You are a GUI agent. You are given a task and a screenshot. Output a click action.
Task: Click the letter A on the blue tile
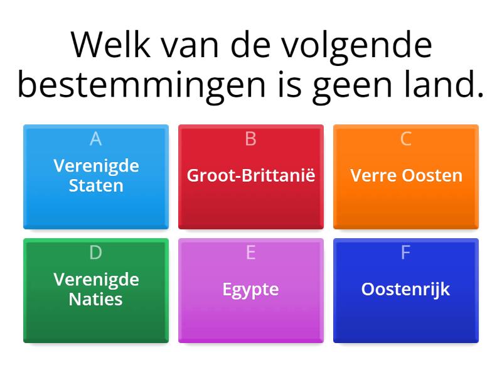(96, 139)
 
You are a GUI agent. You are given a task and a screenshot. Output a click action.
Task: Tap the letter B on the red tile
(251, 139)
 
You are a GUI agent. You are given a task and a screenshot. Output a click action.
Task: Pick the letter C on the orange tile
(406, 139)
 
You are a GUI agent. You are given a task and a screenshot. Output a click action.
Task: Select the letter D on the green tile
(96, 253)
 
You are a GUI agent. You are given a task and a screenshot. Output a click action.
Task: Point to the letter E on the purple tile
(251, 253)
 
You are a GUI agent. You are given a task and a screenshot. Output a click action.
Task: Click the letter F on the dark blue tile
(406, 253)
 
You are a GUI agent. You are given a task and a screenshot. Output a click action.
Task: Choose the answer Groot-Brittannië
(251, 175)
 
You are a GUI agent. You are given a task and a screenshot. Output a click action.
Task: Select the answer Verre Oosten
(406, 175)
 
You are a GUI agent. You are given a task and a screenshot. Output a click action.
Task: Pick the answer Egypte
(251, 290)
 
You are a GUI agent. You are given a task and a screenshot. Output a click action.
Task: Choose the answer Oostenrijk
(406, 290)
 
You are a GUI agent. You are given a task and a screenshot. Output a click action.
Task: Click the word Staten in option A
(96, 186)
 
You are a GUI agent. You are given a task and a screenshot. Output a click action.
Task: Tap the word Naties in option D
(96, 299)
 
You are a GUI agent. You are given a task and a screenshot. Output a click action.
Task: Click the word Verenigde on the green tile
(96, 279)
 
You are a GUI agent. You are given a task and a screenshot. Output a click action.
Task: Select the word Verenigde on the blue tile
(96, 166)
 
